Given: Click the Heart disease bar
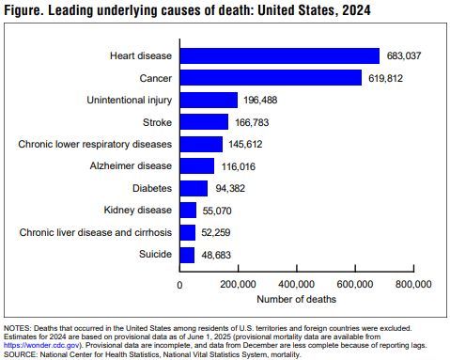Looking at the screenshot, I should (x=279, y=55).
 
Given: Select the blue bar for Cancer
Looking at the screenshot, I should (x=271, y=77).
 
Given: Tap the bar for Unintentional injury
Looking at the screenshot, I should (x=209, y=100).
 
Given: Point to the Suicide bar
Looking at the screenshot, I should (x=187, y=255).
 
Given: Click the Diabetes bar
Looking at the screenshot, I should (x=194, y=188).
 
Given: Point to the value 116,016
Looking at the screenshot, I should (x=238, y=166).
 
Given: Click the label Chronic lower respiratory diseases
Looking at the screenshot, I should (x=95, y=144).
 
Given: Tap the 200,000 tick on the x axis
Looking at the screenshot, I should (x=238, y=283).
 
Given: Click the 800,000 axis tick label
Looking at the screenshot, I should (x=412, y=283).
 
